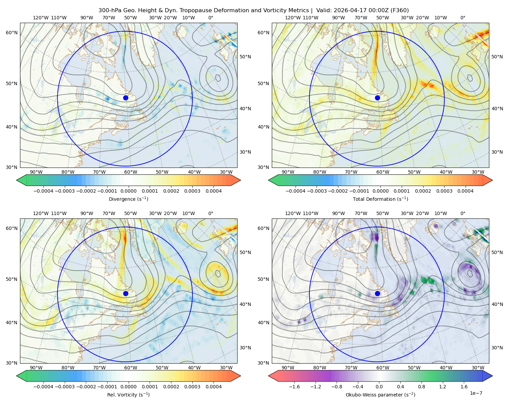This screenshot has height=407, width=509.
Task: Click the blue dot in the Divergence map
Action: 126,98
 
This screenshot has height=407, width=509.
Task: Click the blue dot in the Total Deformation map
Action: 377,98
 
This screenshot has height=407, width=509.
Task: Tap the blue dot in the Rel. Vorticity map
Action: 126,293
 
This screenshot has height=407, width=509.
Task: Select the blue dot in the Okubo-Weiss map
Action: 377,293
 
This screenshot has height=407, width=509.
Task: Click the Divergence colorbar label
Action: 128,199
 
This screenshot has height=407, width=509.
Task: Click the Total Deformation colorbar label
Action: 380,199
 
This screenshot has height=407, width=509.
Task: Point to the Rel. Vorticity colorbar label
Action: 128,394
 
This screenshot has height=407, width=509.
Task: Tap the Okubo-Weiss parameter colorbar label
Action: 380,394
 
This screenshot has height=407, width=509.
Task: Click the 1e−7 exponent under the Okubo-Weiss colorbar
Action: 476,393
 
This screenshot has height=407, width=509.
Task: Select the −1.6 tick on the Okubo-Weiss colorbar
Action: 294,386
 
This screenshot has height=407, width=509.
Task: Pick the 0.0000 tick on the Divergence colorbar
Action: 128,191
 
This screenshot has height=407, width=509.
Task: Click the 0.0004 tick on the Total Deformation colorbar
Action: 465,191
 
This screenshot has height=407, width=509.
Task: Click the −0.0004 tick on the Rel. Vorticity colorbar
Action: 43,386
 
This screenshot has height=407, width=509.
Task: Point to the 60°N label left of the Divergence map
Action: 12,33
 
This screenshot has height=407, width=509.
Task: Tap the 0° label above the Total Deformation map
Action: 463,18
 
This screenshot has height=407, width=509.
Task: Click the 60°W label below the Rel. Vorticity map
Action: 131,368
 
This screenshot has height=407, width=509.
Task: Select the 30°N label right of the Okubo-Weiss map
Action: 497,347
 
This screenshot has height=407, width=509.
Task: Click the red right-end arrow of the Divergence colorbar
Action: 235,180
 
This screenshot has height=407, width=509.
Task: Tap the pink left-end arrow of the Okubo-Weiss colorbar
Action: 273,376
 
